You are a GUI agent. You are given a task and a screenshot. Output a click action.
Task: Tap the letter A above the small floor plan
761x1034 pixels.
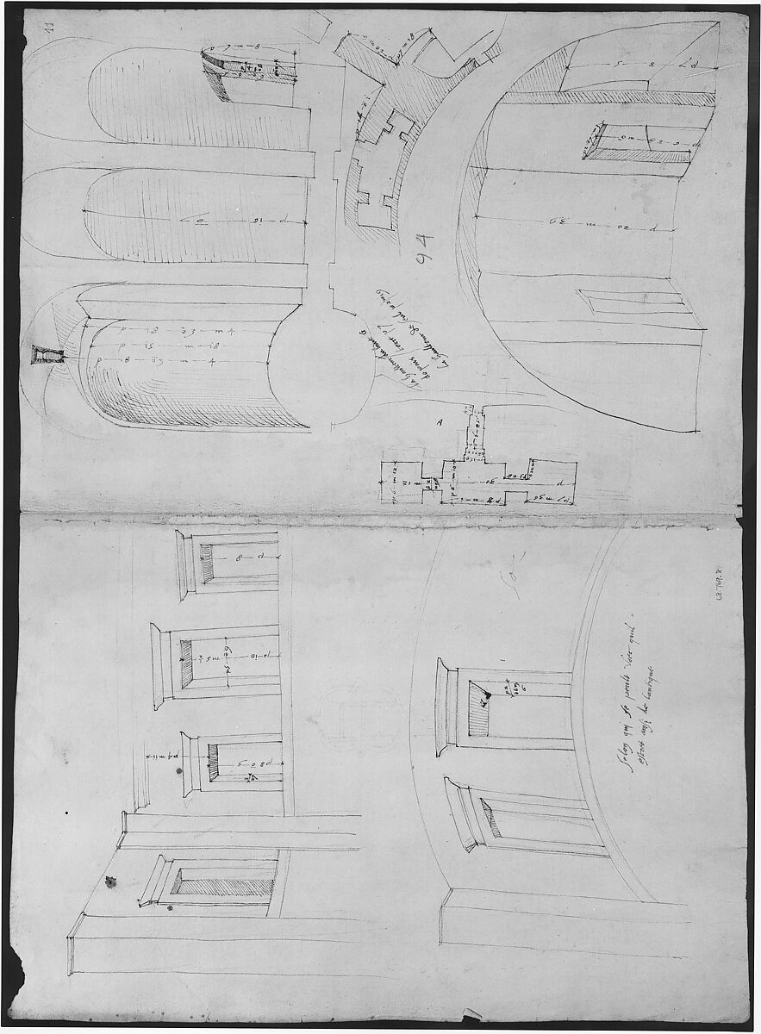pos(441,423)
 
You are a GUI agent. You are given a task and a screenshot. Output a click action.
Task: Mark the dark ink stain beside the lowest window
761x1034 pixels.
pos(110,881)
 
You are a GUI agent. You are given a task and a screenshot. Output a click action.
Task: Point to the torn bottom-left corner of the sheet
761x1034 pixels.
pos(26,982)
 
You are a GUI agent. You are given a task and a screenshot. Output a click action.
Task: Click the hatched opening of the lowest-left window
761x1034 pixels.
pos(224,881)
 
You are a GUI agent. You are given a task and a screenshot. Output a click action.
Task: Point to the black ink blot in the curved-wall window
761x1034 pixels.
pos(486,694)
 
